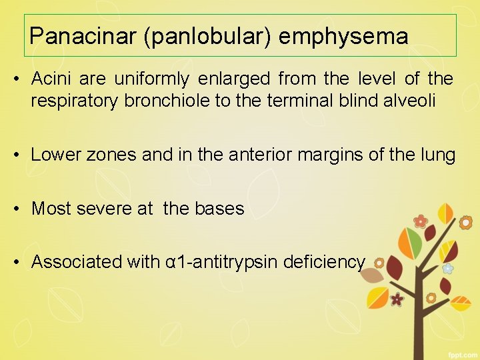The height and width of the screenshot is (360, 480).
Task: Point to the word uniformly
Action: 154,79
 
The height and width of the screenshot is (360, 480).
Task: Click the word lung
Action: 441,155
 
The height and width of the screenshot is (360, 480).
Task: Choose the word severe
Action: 105,209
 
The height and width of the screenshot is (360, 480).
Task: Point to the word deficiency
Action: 324,262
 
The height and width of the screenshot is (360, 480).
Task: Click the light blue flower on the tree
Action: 448,268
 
